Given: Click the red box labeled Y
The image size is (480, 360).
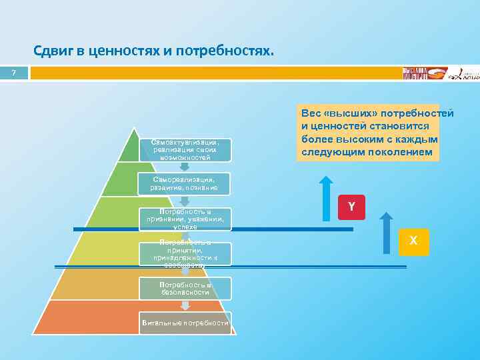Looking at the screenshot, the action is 351,207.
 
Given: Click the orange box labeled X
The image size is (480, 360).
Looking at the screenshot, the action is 413,241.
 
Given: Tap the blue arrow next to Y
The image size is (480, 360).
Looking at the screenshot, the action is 325,198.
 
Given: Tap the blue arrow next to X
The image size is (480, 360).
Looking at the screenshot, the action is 385,233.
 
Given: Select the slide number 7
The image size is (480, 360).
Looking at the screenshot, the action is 13,73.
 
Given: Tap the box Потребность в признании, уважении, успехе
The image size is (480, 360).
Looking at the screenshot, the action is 185,219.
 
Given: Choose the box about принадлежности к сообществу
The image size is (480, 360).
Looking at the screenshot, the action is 185,254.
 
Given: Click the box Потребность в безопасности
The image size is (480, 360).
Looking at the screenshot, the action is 185,288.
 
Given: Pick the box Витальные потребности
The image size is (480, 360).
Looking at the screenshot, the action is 185,323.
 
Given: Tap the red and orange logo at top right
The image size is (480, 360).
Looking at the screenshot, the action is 420,73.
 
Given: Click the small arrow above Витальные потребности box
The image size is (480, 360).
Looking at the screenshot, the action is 186,305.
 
